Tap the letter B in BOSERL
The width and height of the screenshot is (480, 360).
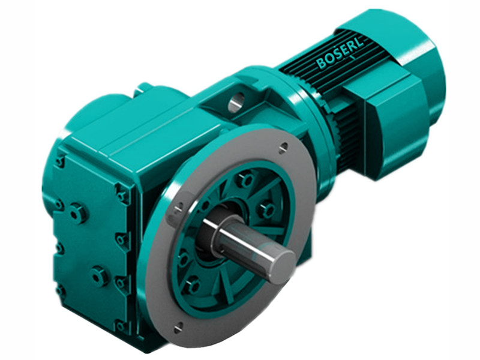(x=322, y=63)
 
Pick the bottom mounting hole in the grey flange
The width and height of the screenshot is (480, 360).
(x=178, y=328)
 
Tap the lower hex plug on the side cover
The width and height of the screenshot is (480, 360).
(x=98, y=276)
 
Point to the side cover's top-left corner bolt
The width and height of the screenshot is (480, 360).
(x=60, y=161)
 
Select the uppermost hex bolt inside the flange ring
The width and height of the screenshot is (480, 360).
(x=245, y=179)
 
